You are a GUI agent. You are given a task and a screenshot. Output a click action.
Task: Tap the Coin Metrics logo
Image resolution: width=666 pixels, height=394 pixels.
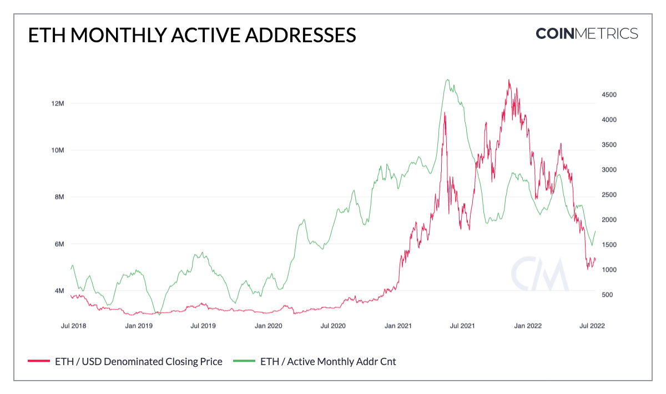tap(587, 33)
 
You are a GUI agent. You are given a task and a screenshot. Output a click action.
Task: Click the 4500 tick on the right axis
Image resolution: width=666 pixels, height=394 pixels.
tap(609, 95)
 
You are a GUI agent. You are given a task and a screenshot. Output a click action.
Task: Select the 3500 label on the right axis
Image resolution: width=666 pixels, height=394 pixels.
tap(609, 144)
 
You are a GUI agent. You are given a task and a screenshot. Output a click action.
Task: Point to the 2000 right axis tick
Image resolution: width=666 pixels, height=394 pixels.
tap(609, 220)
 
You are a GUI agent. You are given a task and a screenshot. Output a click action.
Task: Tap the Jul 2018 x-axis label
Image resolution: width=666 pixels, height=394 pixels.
tap(73, 326)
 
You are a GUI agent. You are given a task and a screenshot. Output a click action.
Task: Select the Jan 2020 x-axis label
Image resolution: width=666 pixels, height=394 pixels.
tap(268, 326)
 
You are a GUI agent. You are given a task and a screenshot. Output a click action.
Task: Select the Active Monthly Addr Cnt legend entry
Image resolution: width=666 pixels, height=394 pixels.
tap(328, 362)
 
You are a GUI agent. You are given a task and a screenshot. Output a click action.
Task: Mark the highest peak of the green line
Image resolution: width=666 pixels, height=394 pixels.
tap(447, 79)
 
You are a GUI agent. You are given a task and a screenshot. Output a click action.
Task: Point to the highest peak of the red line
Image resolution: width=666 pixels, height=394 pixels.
tap(509, 80)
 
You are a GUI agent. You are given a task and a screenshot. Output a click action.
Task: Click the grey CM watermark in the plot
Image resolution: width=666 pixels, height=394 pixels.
tap(539, 274)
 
